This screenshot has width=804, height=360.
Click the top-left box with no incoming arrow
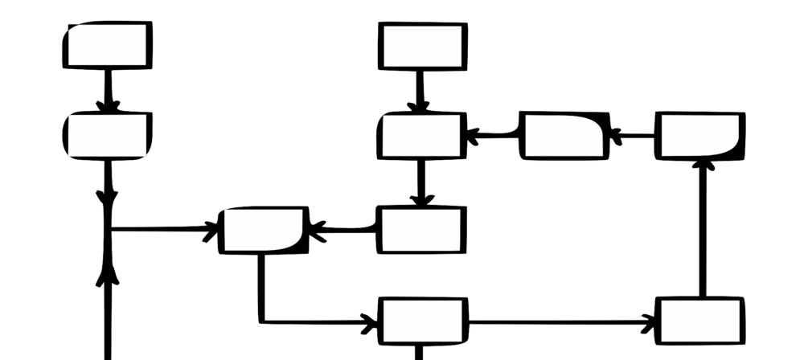click(108, 45)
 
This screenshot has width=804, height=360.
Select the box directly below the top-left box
click(108, 136)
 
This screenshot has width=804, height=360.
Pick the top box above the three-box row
click(423, 46)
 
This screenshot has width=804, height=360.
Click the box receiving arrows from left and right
click(264, 230)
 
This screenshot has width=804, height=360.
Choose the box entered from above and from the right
click(423, 136)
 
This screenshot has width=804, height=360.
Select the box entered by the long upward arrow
click(699, 136)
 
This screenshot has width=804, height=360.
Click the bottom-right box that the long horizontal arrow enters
click(699, 320)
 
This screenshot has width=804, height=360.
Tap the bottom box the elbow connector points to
click(423, 321)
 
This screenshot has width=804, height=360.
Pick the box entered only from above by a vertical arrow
click(421, 230)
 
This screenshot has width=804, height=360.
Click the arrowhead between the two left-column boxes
click(109, 105)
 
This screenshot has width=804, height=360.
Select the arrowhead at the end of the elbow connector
click(370, 325)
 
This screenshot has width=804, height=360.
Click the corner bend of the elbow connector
click(260, 321)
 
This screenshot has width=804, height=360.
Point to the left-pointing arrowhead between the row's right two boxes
click(616, 136)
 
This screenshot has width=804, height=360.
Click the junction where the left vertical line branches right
click(109, 230)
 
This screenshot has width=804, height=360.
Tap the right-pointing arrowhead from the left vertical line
click(212, 231)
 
